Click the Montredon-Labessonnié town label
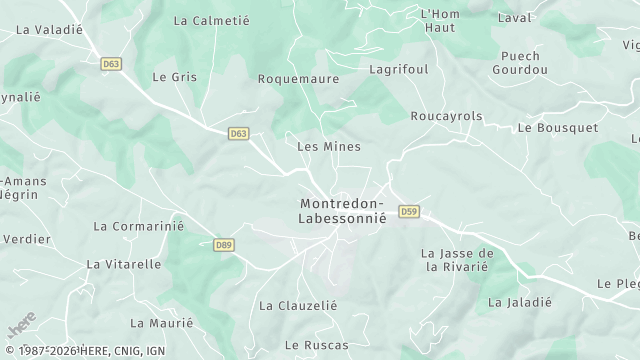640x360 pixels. coord(343,212)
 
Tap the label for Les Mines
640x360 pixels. coord(329,146)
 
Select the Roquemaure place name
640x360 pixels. coord(299,78)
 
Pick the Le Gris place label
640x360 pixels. coord(174,76)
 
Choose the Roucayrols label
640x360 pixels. coord(446,116)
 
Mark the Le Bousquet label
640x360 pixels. coord(558,128)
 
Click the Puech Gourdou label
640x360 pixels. coord(519,63)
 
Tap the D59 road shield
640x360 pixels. coord(409,211)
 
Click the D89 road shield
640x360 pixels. coord(224,244)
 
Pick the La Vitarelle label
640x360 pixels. coord(124,264)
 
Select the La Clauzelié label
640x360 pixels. coord(298,305)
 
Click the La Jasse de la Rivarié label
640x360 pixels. coord(458,260)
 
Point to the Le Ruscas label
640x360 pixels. coord(317,345)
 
